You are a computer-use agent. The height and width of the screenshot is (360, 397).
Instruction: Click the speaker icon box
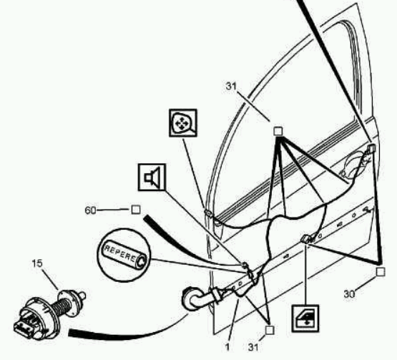[x=152, y=177]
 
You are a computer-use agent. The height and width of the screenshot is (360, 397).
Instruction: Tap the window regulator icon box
[x=305, y=318]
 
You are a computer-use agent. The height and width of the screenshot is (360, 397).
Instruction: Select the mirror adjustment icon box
[x=183, y=123]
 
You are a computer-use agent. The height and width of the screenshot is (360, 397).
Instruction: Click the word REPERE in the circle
[x=120, y=253]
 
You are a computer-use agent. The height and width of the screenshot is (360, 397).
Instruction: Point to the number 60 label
[x=90, y=210]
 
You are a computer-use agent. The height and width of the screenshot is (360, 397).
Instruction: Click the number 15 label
[x=37, y=263]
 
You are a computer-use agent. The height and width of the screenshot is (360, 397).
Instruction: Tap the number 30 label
[x=349, y=294]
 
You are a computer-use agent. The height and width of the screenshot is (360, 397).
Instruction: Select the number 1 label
[x=227, y=347]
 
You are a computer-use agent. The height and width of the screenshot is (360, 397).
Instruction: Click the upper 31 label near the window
[x=231, y=87]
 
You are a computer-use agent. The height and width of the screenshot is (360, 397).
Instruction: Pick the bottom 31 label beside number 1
[x=253, y=347]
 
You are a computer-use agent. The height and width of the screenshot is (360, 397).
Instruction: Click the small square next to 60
[x=136, y=210]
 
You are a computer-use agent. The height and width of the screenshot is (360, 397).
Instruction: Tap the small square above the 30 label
[x=381, y=272]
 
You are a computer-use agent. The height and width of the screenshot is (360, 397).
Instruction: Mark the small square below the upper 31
[x=278, y=131]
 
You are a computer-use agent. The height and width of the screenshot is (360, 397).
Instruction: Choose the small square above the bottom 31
[x=270, y=330]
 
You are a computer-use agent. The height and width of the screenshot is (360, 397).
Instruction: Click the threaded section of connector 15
[x=62, y=307]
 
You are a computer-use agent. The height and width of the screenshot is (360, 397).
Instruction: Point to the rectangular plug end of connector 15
[x=24, y=328]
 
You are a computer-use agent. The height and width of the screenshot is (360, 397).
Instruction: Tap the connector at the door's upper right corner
[x=371, y=148]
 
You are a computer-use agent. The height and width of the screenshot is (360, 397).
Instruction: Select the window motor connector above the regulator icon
[x=306, y=239]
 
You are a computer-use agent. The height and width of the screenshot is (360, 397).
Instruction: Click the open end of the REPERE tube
[x=141, y=261]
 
